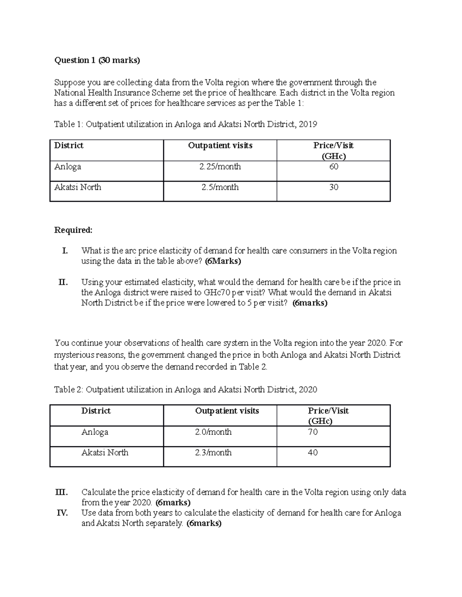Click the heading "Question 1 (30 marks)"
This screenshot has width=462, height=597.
point(97,60)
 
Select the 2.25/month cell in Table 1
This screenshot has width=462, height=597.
point(220,166)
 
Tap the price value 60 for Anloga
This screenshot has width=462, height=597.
point(333,166)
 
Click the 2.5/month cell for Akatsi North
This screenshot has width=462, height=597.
point(220,187)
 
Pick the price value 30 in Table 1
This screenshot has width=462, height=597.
point(333,187)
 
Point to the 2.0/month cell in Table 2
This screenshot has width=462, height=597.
point(213,432)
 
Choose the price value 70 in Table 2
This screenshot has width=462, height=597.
point(313,432)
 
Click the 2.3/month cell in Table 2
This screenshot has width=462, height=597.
point(213,452)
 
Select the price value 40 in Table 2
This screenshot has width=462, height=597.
point(313,452)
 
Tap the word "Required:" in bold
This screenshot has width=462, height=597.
point(73,230)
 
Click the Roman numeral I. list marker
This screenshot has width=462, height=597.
point(65,251)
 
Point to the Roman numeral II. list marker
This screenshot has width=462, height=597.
point(63,282)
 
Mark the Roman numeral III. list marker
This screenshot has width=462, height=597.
point(62,492)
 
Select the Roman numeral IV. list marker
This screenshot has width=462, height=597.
point(62,513)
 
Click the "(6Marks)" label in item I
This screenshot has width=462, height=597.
point(223,261)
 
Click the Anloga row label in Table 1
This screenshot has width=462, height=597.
point(67,166)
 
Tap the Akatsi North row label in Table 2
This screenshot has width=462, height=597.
point(105,452)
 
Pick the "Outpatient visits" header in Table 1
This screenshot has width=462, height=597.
point(220,145)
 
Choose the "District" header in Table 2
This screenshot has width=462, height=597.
point(96,411)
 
